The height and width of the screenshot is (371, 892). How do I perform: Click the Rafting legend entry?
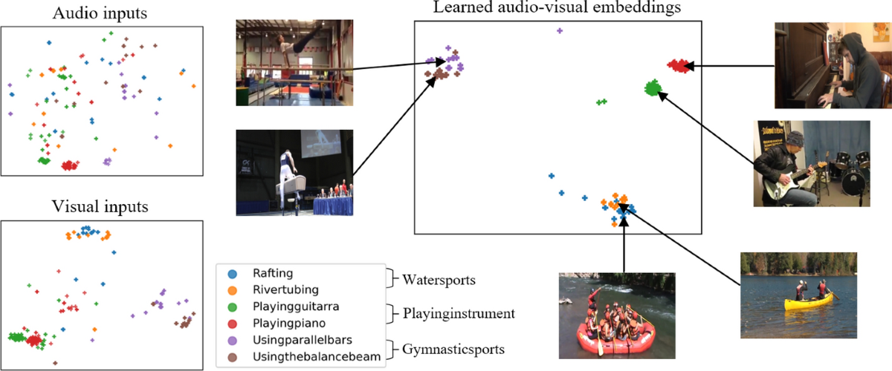273,274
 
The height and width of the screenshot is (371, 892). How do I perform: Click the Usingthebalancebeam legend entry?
307,357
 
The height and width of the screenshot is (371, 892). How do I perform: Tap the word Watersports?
439,281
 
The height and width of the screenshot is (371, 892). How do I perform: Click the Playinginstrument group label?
459,315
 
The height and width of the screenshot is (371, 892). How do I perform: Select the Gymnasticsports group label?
454,349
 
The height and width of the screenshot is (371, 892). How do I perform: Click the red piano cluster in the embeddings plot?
678,65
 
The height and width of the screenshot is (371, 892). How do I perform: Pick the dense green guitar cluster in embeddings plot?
653,88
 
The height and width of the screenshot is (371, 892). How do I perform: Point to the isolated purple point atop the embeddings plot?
560,30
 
